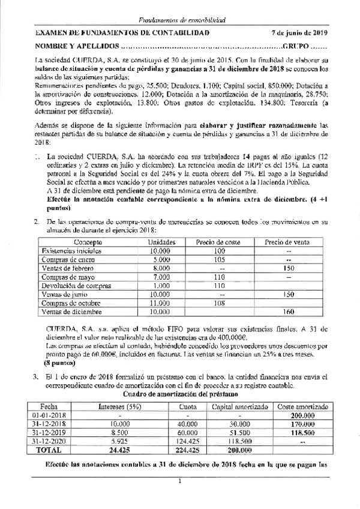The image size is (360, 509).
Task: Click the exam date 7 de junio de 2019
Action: tap(299, 32)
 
